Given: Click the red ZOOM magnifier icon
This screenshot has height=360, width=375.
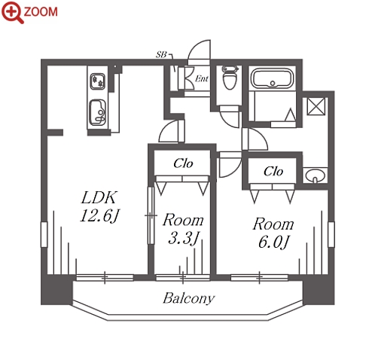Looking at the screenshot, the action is point(12,12).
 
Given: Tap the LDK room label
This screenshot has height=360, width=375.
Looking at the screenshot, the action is point(99,197).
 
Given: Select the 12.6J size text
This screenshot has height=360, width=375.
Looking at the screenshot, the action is point(99,216).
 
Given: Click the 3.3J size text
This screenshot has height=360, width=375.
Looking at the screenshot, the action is point(184,238).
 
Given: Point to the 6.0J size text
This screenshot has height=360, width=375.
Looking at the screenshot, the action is point(273,243).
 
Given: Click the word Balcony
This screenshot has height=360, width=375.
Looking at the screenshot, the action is point(189,298).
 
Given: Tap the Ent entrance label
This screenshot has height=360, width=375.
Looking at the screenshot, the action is point(202,79).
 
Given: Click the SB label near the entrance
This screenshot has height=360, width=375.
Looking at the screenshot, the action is point(161,54).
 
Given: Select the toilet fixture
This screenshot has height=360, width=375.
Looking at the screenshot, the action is point(230,78).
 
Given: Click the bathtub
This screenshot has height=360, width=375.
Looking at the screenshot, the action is point(273,78).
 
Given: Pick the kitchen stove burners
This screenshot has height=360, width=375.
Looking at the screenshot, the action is point(98,81).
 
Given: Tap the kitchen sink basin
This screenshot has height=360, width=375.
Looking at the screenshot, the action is point(98,112).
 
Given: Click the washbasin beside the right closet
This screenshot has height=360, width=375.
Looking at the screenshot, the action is point(316,175).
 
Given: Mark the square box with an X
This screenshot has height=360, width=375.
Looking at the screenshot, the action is point(316,106).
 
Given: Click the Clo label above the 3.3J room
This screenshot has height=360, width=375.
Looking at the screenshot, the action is point(183,163).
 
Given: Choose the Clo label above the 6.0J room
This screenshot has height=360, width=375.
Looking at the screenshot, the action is point(273,172).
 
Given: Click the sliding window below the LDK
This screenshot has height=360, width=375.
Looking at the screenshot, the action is point(105,277).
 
